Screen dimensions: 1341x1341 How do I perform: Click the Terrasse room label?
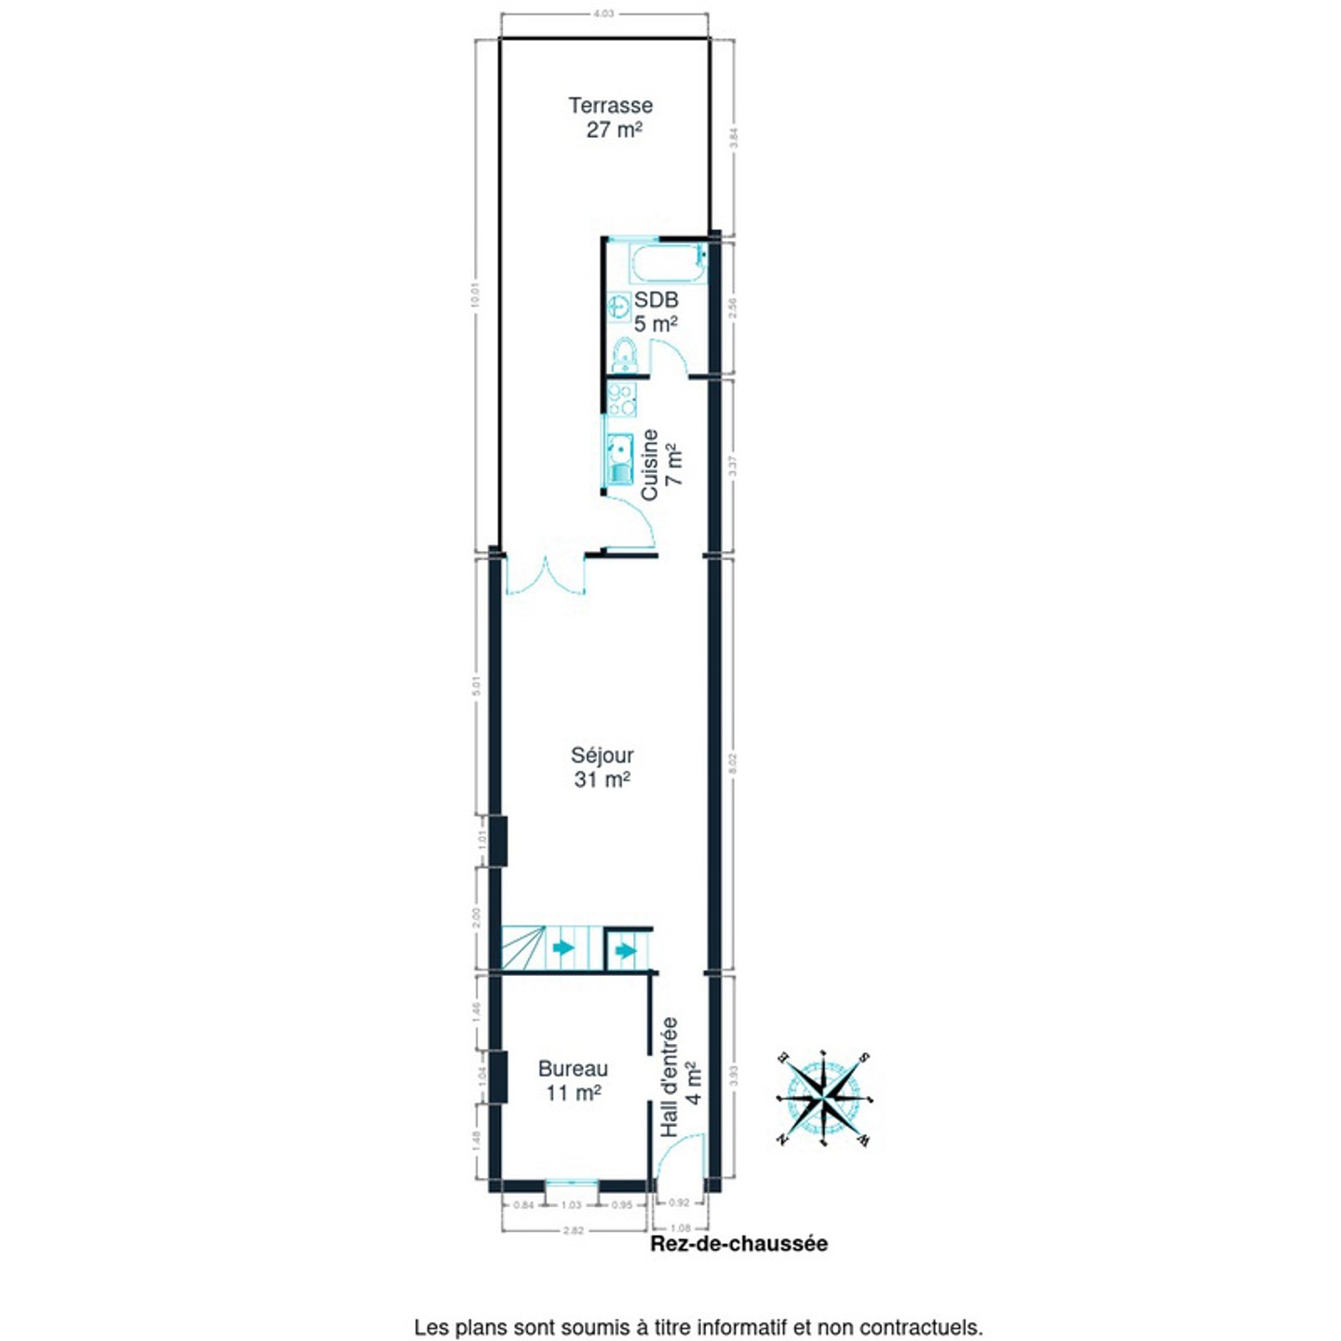[611, 117]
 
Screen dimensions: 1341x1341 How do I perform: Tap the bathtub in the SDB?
[667, 264]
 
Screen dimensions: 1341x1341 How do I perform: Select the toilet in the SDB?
[624, 356]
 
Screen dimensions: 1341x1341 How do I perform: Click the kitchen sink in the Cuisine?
[620, 460]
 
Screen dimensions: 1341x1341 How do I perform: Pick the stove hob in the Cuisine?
[621, 399]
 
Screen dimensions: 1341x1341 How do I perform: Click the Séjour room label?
[602, 766]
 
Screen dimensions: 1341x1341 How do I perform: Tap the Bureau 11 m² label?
[573, 1080]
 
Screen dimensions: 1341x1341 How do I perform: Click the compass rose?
[824, 1099]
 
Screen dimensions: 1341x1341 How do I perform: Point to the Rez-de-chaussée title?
[738, 1244]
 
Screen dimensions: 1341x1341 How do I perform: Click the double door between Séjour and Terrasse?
[546, 576]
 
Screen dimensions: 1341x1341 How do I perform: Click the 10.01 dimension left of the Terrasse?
[475, 295]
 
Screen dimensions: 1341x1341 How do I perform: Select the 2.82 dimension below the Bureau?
[575, 1230]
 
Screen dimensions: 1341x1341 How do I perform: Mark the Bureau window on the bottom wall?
[571, 1185]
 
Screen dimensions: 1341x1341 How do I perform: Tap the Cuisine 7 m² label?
[662, 464]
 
